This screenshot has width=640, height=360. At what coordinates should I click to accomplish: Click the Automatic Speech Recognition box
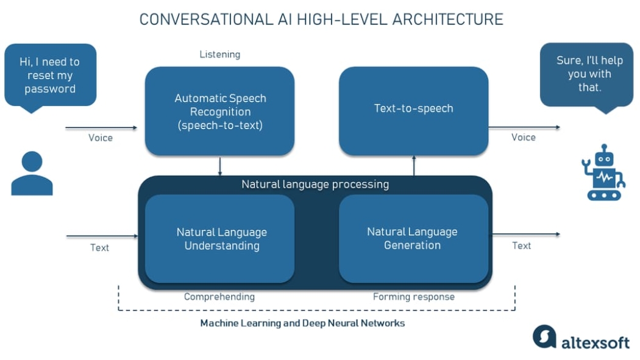219,111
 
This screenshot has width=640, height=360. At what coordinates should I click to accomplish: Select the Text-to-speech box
413,110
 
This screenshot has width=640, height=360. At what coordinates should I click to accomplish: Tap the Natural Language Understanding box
219,239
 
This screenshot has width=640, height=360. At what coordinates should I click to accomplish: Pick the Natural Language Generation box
413,239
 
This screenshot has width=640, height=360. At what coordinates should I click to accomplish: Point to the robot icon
603,173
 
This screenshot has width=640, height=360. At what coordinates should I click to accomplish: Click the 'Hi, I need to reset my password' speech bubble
50,76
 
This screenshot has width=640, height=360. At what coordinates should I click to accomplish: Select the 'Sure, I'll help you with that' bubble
586,74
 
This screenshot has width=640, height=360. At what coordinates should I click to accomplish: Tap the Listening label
220,54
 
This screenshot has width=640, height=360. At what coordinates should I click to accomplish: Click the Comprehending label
219,297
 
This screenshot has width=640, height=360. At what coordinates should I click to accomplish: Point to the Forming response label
414,297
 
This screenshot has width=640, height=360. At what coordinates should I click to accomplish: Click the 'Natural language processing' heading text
315,184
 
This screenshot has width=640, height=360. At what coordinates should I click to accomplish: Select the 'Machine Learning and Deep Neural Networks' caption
302,323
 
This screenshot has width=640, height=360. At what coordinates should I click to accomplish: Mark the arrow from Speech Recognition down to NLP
220,166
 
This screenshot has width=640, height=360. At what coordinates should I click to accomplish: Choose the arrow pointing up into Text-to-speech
414,166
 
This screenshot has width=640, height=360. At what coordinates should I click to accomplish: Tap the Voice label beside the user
101,138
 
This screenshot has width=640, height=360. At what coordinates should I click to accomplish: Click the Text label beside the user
100,247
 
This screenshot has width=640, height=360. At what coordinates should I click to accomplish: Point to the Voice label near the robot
523,137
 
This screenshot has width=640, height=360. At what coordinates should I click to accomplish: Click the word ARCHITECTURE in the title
448,19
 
